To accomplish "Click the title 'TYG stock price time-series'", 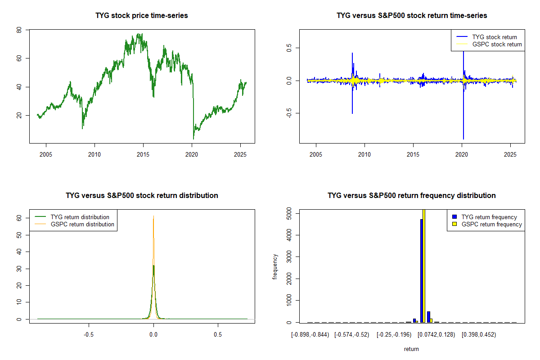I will point(142,16).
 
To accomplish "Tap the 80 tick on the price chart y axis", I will point(19,30).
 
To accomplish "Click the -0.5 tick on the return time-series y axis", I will point(289,113).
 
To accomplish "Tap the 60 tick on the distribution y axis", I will point(19,217).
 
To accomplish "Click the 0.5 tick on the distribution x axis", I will point(218,335).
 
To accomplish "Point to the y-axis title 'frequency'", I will point(275,267).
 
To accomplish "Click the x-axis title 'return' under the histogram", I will point(411,349).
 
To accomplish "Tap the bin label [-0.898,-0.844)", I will point(310,335).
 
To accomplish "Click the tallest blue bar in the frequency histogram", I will point(422,270).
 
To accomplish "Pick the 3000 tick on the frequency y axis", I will point(289,256).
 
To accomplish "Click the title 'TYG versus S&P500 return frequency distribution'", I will point(412,196).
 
